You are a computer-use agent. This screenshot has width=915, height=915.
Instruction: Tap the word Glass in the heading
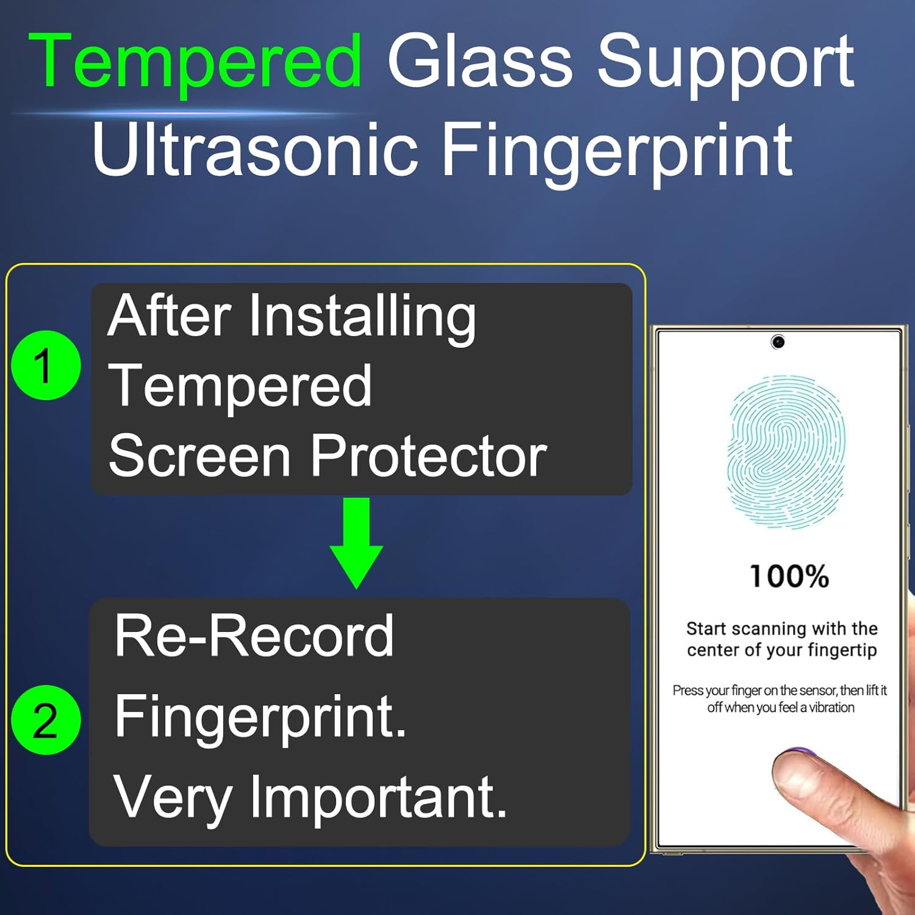480,61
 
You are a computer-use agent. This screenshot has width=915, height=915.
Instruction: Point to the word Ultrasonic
255,149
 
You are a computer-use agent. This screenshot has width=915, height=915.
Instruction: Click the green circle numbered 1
46,365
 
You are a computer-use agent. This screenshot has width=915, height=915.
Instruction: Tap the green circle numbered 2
46,720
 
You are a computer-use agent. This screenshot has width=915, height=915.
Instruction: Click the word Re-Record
254,636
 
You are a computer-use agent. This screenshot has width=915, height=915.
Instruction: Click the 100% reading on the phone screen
789,576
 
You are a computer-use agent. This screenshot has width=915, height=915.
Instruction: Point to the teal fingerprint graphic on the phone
786,451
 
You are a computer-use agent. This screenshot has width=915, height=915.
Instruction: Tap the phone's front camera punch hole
778,342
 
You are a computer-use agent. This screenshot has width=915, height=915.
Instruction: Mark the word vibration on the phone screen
831,708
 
